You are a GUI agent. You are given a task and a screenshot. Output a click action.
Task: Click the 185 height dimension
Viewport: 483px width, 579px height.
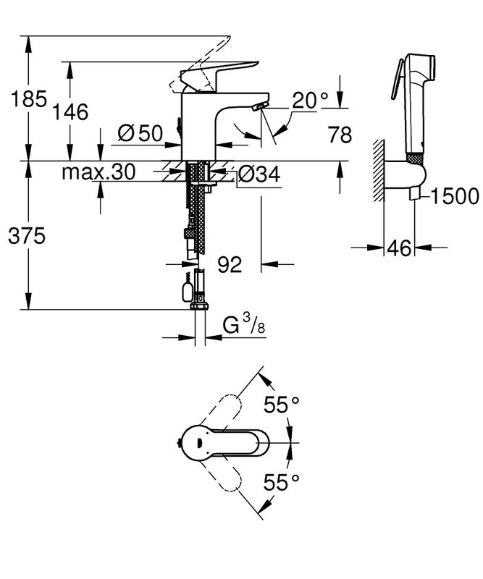pos(29,98)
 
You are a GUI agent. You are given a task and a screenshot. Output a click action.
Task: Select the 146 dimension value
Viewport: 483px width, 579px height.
pos(70,111)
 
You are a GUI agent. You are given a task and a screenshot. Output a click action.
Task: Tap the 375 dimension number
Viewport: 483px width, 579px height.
pos(27,236)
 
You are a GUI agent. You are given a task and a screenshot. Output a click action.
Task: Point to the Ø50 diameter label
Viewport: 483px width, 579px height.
pos(140,133)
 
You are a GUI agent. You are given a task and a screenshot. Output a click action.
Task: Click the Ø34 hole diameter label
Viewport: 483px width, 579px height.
pos(259,174)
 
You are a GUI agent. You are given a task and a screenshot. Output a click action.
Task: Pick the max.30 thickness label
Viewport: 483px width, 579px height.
pos(98,172)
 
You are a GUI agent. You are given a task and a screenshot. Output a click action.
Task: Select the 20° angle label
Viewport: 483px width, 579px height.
pos(311,100)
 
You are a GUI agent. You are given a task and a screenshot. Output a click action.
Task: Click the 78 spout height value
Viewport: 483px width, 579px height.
pos(340,135)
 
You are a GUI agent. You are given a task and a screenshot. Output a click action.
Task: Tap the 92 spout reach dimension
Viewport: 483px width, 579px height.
pos(230,264)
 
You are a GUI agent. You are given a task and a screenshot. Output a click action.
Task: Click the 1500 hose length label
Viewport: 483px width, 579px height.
pos(455,196)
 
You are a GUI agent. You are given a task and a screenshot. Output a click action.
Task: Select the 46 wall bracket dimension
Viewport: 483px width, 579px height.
pos(399,248)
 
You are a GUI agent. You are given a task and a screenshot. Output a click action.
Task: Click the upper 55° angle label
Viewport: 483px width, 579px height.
pos(281,405)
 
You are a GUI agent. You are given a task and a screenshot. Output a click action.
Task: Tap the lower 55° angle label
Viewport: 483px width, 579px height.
pos(281,482)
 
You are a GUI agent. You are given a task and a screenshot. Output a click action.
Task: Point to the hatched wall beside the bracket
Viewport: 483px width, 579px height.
pos(379,170)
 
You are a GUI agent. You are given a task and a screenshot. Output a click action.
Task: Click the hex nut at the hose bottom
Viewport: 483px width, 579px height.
pos(200,306)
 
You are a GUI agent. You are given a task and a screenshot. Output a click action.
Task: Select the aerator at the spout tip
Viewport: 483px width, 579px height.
pos(259,106)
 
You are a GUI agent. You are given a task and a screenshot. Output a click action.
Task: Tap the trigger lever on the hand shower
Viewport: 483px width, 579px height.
pos(397,79)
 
